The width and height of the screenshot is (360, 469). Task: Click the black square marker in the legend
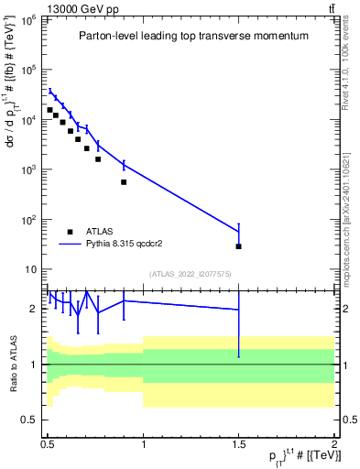(x=71, y=233)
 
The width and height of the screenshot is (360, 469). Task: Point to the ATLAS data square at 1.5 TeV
(x=238, y=246)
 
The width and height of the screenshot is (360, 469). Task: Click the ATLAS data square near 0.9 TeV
(x=124, y=181)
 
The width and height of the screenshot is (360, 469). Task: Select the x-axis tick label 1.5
(x=238, y=443)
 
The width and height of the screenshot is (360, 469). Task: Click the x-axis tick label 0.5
(x=48, y=443)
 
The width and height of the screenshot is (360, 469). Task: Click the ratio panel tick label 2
(x=37, y=309)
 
